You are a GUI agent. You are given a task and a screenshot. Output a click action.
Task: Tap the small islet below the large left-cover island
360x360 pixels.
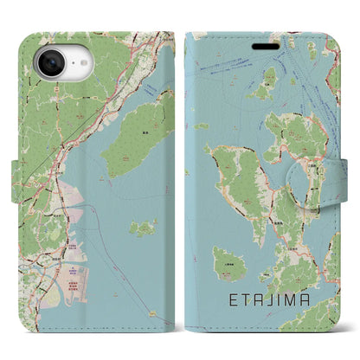pos(143,228)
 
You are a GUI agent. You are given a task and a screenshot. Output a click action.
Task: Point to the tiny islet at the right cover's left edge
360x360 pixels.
pos(201,126)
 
